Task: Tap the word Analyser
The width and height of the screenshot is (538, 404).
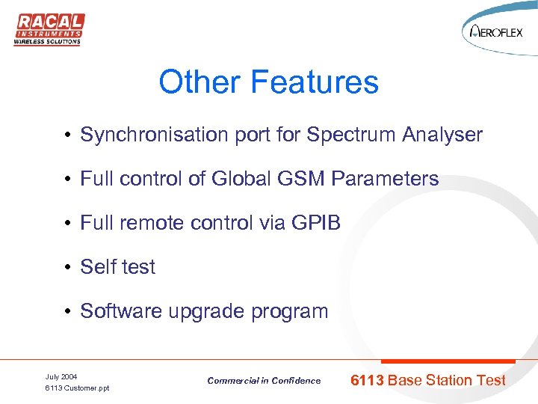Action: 442,135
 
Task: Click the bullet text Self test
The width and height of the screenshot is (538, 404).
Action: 118,267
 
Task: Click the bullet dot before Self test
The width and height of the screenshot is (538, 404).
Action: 67,268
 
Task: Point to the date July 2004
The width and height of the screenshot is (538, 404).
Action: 61,376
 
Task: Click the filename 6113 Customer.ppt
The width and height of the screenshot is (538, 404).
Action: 77,388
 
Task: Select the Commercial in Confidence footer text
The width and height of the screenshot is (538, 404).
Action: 264,381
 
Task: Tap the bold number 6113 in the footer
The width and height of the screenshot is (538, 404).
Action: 367,380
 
